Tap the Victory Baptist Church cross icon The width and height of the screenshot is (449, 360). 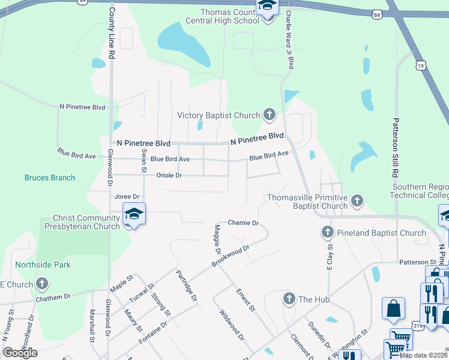pos(269,114)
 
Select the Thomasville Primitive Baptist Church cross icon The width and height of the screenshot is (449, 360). pos(357,200)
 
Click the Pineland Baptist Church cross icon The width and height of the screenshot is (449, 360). pos(328,232)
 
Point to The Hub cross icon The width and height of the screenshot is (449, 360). pos(289,298)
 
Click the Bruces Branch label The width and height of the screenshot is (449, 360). pos(50,178)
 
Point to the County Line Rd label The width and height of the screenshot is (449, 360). pos(112,33)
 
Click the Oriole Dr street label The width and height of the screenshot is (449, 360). pos(169,175)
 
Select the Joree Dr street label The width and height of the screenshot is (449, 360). pos(127,196)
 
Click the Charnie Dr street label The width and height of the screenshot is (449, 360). pos(243,223)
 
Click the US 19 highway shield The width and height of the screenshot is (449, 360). pos(420,65)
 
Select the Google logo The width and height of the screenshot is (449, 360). pos(20,353)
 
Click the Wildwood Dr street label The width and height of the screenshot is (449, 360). pos(232,325)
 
